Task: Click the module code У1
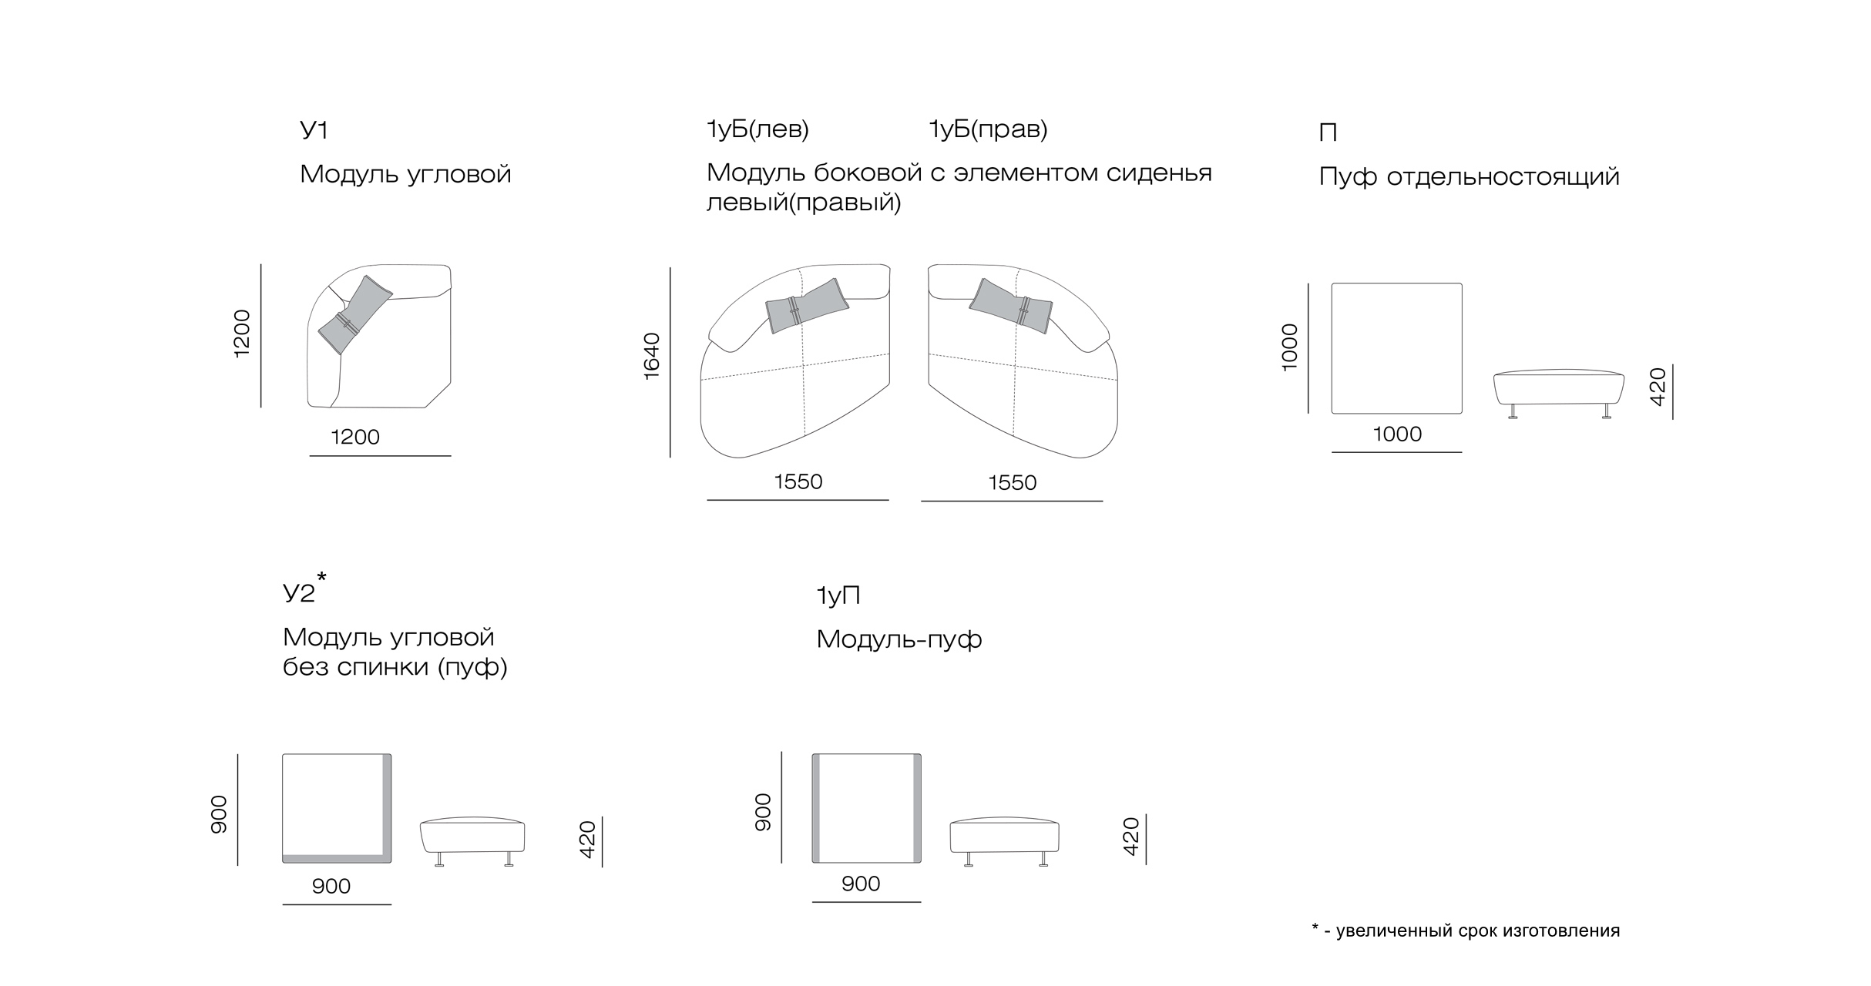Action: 314,130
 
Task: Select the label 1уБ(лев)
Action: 757,129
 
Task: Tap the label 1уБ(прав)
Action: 988,129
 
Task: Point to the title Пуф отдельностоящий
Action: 1469,177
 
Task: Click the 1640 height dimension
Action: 652,356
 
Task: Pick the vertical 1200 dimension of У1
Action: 242,334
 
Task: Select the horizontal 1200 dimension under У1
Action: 355,438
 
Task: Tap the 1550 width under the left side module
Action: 798,482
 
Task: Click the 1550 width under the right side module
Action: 1013,483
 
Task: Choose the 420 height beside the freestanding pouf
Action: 1658,387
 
